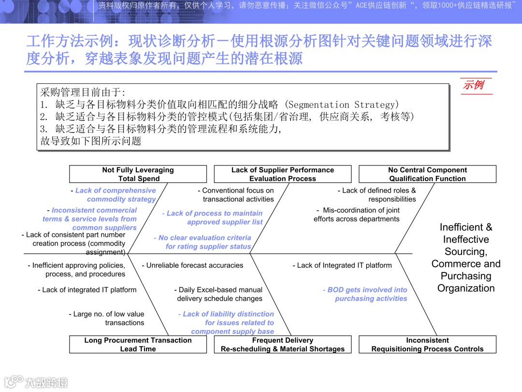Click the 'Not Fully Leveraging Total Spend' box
click(x=138, y=174)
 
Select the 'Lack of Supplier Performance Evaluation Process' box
click(x=282, y=174)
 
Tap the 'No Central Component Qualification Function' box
click(x=427, y=174)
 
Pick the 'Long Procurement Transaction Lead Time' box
click(x=138, y=345)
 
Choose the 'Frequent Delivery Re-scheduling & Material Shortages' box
click(x=282, y=345)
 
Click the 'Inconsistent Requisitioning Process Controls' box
click(x=427, y=345)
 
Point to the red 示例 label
click(x=473, y=85)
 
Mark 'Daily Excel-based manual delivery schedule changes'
click(x=219, y=294)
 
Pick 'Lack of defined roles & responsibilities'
click(x=377, y=195)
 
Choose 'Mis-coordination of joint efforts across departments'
click(x=358, y=214)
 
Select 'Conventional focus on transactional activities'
click(x=237, y=195)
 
